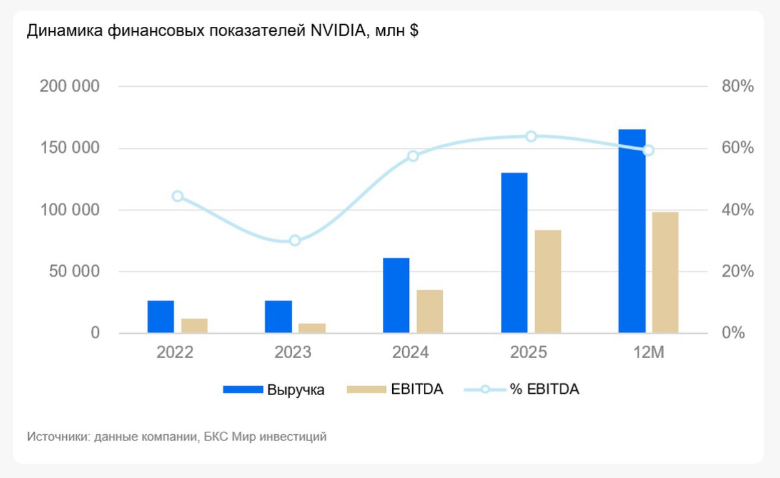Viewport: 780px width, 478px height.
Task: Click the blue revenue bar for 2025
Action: point(514,253)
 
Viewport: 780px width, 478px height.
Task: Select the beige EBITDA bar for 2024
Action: point(430,311)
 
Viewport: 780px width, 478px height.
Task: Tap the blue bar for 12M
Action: point(631,231)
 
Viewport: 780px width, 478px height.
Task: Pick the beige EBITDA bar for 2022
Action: point(194,325)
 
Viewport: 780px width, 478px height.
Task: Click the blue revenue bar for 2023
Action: point(279,316)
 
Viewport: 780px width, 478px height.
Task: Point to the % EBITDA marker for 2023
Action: point(295,240)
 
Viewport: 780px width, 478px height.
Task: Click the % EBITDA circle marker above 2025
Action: point(531,136)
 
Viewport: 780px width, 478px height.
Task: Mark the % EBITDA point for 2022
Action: point(177,196)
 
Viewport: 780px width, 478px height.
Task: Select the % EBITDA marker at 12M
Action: point(648,150)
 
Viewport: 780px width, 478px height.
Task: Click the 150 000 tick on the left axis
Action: point(69,149)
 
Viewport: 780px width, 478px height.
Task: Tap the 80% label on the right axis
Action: point(738,87)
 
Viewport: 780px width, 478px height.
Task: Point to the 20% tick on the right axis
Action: point(738,272)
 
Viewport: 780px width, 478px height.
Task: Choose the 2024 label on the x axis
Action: point(410,353)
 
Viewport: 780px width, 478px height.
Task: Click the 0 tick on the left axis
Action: point(95,333)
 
